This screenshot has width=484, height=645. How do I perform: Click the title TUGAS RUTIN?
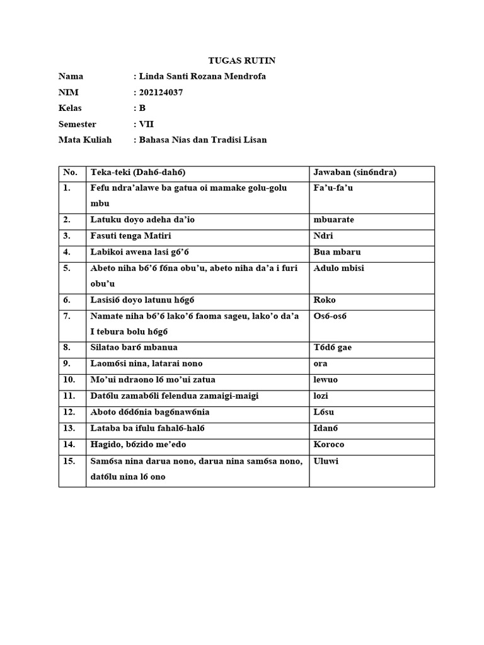[242, 60]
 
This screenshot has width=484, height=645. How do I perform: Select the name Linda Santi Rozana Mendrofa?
[201, 76]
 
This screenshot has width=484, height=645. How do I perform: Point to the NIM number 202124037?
[162, 93]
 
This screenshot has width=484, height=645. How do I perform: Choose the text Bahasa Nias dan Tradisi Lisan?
[202, 140]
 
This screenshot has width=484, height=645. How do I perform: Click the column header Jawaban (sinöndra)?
[354, 172]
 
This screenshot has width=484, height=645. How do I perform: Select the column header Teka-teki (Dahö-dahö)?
[139, 172]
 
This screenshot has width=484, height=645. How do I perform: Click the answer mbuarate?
[333, 220]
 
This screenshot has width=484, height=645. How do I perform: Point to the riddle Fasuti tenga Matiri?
[131, 236]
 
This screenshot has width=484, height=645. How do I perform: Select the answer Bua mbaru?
[337, 252]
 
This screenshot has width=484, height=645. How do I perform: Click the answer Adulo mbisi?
[338, 268]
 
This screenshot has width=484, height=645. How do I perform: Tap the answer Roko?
[325, 300]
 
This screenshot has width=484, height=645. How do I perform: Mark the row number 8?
[67, 347]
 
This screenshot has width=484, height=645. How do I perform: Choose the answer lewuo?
[325, 380]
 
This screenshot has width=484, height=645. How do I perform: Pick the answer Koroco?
[328, 444]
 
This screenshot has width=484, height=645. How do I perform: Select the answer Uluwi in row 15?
[326, 460]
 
